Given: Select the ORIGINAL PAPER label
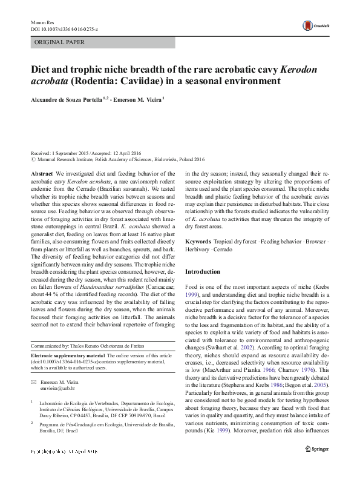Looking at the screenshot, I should [x=60, y=42].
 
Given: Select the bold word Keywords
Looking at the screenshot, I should [x=198, y=242].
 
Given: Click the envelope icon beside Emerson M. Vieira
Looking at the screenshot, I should [x=33, y=383].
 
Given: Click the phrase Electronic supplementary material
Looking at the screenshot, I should [x=67, y=355].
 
